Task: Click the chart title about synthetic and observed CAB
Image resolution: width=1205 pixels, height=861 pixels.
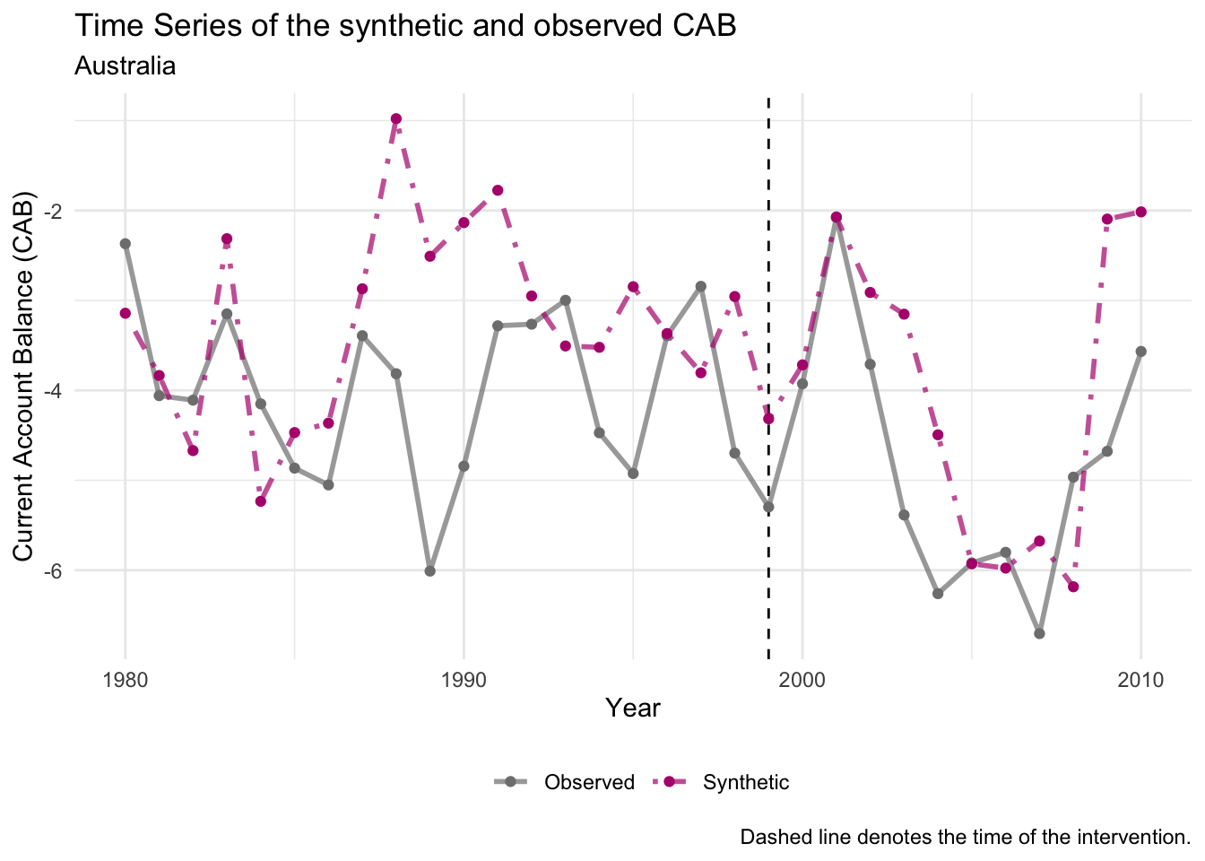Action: click(405, 26)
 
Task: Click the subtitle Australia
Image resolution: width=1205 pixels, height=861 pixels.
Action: click(125, 65)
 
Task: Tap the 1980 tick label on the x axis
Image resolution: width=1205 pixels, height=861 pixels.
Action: click(126, 680)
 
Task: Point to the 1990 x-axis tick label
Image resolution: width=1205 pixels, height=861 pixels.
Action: click(464, 680)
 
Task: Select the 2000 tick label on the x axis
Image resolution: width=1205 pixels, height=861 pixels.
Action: click(802, 680)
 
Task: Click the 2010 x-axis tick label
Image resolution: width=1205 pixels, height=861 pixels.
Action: click(1140, 680)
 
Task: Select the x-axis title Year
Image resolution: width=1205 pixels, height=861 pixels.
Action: click(633, 709)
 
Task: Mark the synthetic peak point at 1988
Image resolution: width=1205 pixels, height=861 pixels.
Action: click(396, 118)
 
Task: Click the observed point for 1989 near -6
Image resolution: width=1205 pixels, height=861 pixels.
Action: click(430, 570)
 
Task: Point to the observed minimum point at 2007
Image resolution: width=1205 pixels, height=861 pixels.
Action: click(1039, 633)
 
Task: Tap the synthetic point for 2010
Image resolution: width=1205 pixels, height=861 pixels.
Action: click(1140, 212)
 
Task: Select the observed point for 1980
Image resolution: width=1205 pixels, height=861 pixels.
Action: click(126, 243)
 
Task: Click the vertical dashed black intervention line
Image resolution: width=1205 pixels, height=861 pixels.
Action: click(768, 269)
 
